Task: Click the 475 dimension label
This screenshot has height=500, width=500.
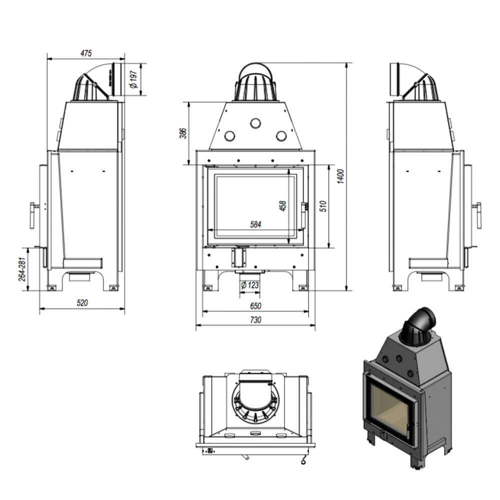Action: (x=86, y=53)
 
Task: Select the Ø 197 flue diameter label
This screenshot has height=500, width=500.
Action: (x=133, y=79)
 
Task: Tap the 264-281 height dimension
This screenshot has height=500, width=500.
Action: (x=22, y=269)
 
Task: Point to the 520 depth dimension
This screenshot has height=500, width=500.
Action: (x=82, y=302)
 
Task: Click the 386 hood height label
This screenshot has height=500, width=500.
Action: (x=182, y=133)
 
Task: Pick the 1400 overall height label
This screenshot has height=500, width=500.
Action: (x=341, y=176)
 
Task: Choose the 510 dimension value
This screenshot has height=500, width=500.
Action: (x=323, y=206)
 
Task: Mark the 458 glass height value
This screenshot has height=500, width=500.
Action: (x=282, y=205)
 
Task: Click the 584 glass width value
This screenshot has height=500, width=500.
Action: (x=255, y=224)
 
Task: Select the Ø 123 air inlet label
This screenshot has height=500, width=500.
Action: (x=250, y=285)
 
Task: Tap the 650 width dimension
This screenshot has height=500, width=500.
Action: (x=255, y=306)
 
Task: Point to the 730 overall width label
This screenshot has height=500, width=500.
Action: (x=255, y=320)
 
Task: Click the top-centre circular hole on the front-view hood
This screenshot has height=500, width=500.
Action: (x=255, y=123)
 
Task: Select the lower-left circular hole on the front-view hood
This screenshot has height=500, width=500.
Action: (x=229, y=136)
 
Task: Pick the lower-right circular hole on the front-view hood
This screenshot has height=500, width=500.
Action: (x=281, y=136)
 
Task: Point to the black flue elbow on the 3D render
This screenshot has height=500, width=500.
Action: (x=418, y=326)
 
